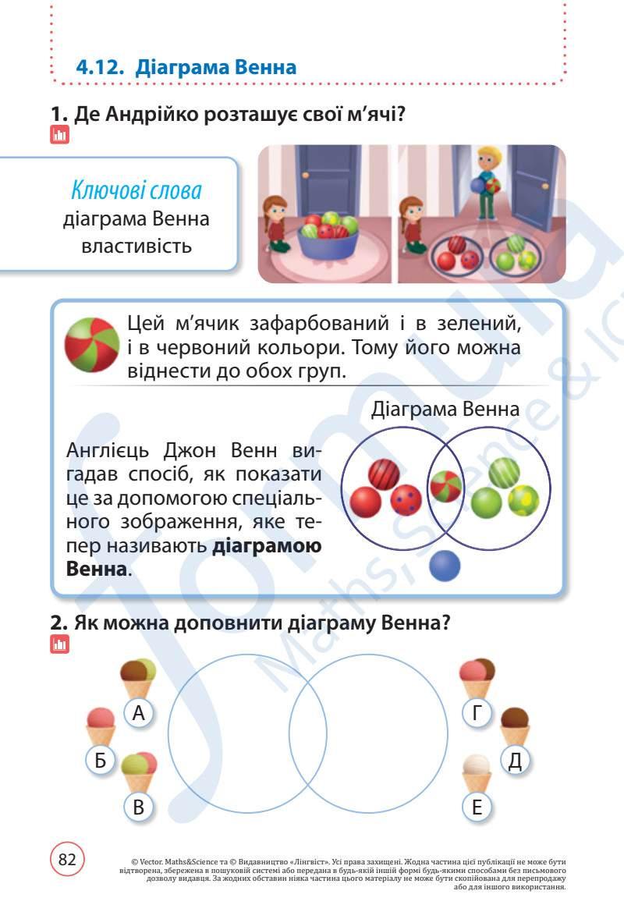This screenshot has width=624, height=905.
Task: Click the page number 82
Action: click(67, 859)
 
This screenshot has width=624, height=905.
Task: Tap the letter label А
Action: click(139, 712)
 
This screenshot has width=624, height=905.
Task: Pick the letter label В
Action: click(139, 807)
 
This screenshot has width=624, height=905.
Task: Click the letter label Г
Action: click(477, 712)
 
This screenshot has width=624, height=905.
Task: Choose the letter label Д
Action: click(514, 759)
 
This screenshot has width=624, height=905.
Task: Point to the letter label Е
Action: click(477, 807)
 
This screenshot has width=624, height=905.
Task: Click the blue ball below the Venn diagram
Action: click(445, 565)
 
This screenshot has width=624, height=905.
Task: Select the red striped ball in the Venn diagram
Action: click(384, 474)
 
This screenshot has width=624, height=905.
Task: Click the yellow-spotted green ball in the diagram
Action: click(523, 501)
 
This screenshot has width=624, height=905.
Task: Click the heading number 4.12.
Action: click(101, 67)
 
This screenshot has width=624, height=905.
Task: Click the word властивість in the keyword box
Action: click(136, 247)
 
